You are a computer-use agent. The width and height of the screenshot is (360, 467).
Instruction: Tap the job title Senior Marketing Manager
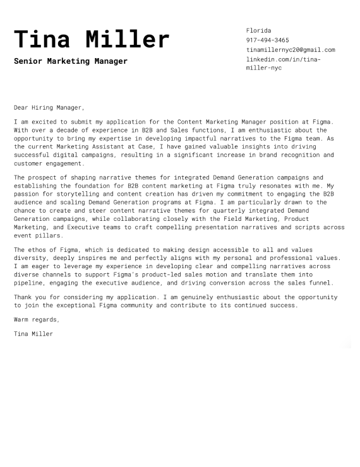[70, 61]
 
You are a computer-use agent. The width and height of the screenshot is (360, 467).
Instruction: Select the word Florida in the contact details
[258, 30]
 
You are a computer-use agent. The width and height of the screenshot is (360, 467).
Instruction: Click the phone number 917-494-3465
[267, 40]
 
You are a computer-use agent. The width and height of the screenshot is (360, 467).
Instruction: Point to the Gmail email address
[291, 49]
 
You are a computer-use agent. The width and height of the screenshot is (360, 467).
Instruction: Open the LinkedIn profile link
[283, 63]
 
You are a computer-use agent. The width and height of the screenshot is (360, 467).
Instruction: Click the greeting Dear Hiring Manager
[49, 107]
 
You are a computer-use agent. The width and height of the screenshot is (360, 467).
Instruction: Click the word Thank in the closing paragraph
[23, 297]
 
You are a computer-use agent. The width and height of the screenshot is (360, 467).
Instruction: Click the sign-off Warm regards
[36, 319]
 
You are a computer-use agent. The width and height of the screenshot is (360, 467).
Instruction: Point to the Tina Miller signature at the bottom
[33, 333]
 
